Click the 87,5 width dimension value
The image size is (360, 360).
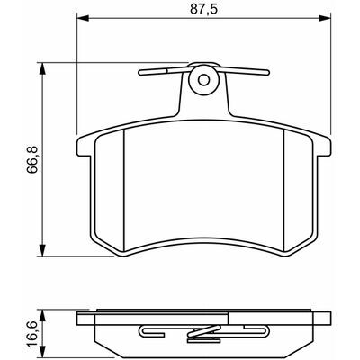203,9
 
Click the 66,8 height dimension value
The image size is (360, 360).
31,159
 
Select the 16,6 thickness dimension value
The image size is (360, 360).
31,333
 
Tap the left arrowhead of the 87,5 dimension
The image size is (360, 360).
84,19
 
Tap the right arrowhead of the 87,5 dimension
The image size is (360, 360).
325,19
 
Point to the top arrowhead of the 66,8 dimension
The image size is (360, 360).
42,68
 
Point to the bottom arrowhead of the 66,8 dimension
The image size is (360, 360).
42,251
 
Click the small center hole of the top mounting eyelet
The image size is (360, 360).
204,80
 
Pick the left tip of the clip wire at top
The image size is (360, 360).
139,73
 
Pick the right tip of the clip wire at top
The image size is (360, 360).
268,72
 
